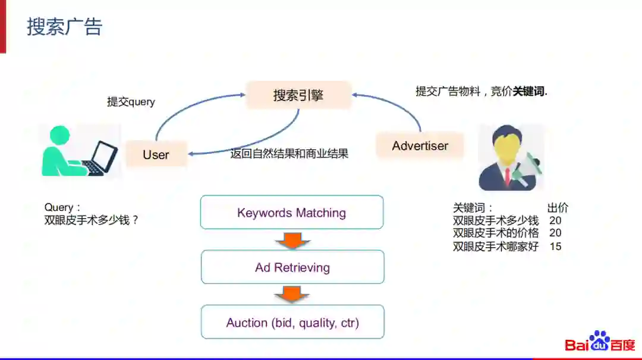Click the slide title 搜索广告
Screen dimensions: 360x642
[64, 27]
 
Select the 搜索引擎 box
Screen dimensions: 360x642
[298, 95]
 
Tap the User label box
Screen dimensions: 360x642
[156, 154]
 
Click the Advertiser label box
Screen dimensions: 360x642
[420, 146]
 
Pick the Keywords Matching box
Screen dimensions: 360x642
[291, 213]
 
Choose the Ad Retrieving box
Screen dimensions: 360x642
[292, 267]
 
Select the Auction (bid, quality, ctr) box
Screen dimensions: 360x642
[292, 323]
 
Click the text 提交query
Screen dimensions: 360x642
[131, 102]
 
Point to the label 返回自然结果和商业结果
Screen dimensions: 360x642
[289, 153]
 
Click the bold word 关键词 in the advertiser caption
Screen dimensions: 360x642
[528, 91]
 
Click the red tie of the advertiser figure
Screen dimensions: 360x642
[507, 175]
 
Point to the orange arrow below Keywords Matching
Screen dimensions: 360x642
[292, 239]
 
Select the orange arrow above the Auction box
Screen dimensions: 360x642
[292, 294]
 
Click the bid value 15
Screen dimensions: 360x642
[555, 246]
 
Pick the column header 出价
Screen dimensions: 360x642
[558, 208]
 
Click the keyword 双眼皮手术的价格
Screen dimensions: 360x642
[495, 233]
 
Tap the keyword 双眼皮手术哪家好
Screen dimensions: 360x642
[495, 246]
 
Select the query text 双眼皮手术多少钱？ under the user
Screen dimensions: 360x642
[92, 220]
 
